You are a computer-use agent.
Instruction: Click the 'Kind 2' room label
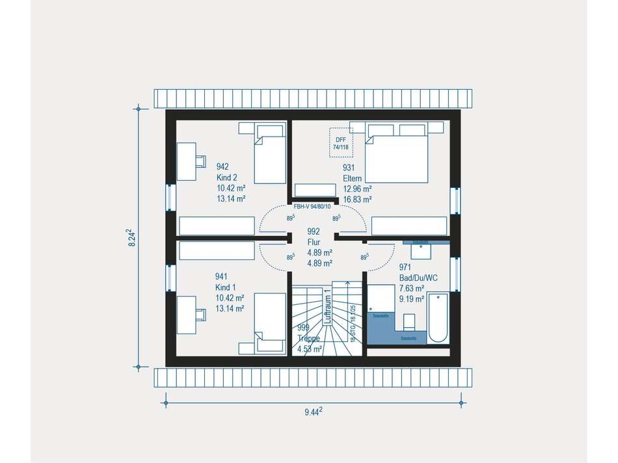click(228, 178)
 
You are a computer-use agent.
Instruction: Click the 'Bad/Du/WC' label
click(418, 278)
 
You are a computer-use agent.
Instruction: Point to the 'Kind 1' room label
click(226, 287)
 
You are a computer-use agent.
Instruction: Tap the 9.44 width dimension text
click(314, 412)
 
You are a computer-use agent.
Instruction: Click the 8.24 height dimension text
click(130, 237)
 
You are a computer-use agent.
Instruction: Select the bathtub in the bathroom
click(438, 318)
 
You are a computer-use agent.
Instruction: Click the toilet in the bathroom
click(409, 322)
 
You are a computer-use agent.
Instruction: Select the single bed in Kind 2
click(269, 153)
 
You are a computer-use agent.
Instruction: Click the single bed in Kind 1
click(269, 323)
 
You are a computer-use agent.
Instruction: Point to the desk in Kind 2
click(187, 161)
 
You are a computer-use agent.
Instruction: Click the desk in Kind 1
click(187, 315)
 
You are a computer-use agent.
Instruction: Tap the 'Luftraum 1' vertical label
click(328, 308)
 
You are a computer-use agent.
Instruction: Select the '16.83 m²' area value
click(357, 200)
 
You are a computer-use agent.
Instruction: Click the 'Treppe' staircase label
click(309, 339)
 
